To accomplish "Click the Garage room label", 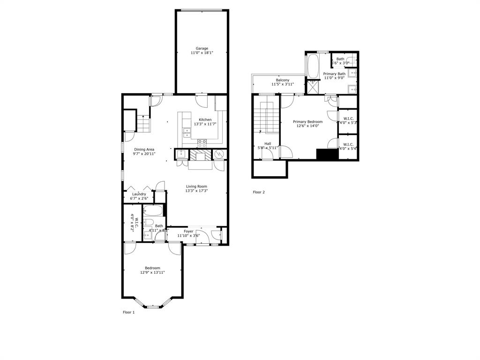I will [x=202, y=48].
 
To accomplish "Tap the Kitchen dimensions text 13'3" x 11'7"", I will [x=205, y=124].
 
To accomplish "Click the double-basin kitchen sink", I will [x=186, y=132].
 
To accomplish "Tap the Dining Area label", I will [x=144, y=149].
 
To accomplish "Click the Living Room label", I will [x=196, y=186].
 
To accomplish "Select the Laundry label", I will [x=139, y=194].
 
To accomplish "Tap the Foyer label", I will [x=188, y=231].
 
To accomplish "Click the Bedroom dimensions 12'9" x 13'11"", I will [x=152, y=272].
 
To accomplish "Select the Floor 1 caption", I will [x=128, y=312].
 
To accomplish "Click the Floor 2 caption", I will [x=259, y=192].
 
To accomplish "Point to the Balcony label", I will [x=282, y=80].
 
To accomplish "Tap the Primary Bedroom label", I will [x=307, y=121].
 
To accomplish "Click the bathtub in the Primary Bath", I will [x=313, y=66].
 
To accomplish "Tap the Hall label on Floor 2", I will [x=267, y=143].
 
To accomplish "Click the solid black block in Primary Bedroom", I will [x=327, y=155].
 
